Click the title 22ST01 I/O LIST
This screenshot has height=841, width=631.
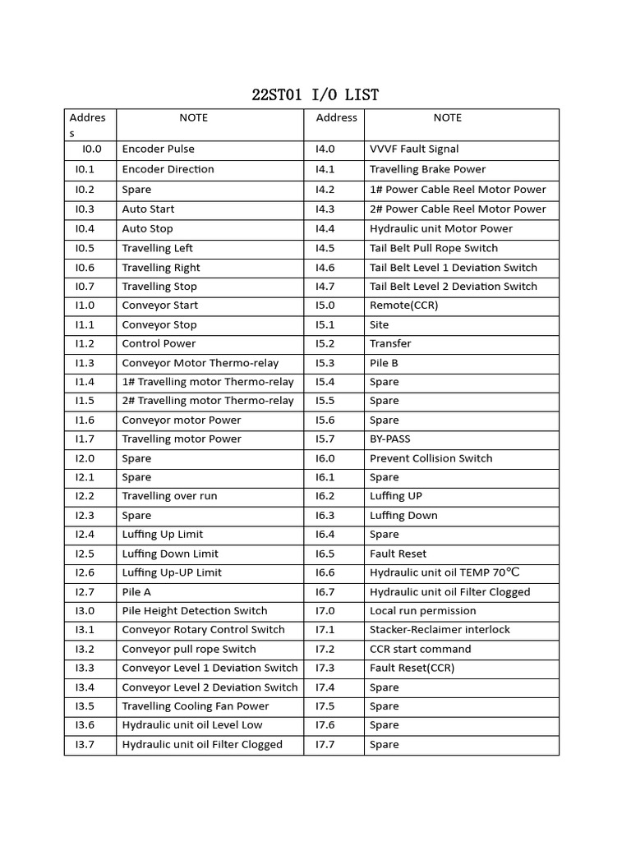(x=315, y=95)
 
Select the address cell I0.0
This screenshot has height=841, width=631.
(x=91, y=149)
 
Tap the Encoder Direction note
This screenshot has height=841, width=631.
(x=168, y=169)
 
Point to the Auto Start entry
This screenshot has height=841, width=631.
(x=148, y=209)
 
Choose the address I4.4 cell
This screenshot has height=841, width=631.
(x=325, y=229)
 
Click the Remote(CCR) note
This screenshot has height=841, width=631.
(x=403, y=306)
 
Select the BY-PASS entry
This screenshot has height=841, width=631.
(x=389, y=439)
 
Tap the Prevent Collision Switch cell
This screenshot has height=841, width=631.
(x=431, y=458)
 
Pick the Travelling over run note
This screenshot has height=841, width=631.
(x=169, y=496)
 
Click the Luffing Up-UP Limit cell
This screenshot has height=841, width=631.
(x=172, y=572)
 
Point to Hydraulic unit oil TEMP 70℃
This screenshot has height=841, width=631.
(x=444, y=572)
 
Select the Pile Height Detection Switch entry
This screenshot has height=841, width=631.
(x=195, y=611)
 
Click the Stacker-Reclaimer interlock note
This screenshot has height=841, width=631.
(x=440, y=630)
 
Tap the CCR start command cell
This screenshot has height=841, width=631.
(x=420, y=649)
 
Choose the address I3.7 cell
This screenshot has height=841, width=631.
(x=85, y=745)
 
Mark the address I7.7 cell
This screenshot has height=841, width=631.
(x=325, y=745)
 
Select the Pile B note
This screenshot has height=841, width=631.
(x=384, y=363)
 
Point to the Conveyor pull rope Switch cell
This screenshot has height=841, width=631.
(x=189, y=649)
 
